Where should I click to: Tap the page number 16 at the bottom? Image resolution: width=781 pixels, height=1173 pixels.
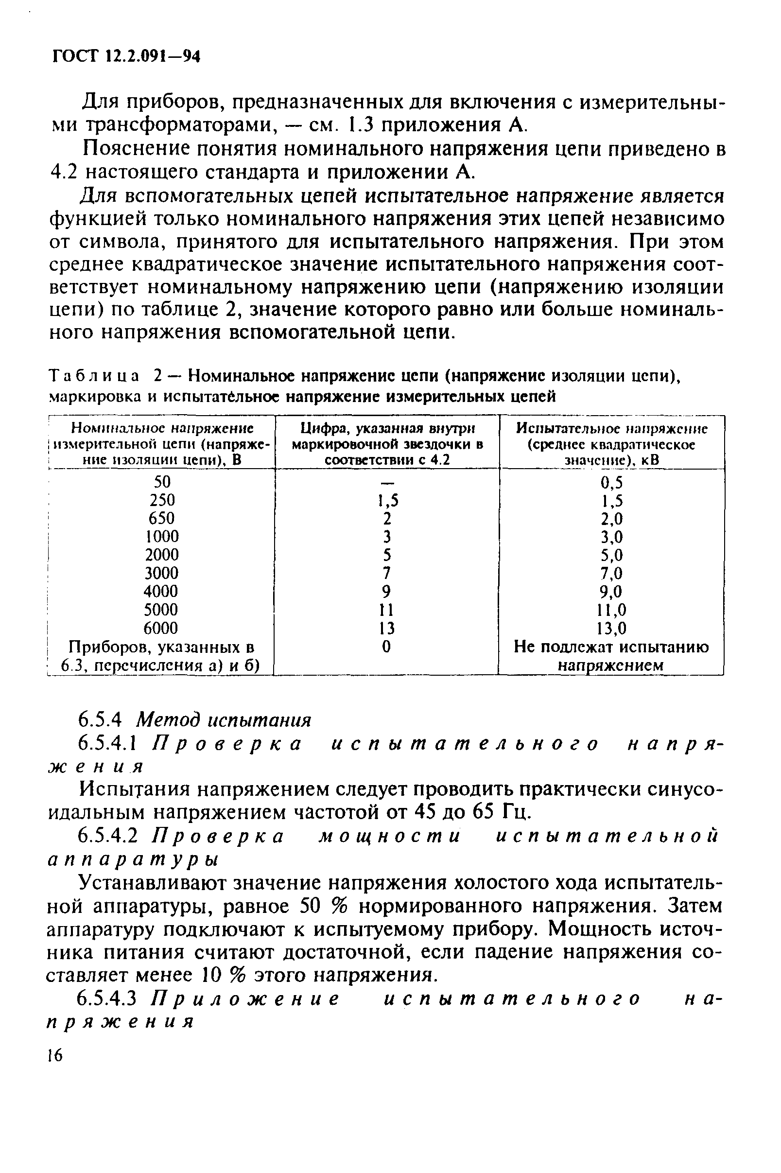click(x=55, y=1055)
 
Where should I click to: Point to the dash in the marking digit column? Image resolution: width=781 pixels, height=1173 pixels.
click(x=387, y=482)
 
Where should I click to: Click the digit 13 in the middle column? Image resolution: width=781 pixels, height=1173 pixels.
click(x=387, y=628)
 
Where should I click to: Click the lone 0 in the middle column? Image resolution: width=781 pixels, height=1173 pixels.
click(x=387, y=647)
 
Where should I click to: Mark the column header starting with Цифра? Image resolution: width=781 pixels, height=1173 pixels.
click(x=387, y=444)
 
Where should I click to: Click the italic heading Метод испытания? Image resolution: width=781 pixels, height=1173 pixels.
click(x=224, y=720)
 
